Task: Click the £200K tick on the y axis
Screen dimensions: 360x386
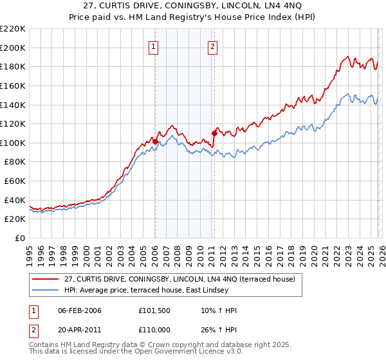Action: click(13, 48)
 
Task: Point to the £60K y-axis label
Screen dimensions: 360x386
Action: click(15, 181)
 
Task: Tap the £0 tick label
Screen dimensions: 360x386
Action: click(19, 239)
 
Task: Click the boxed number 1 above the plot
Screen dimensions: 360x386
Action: click(154, 46)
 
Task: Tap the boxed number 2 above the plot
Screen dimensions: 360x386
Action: click(212, 46)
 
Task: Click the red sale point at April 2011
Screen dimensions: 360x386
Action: click(214, 133)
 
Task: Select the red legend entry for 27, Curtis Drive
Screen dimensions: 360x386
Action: click(179, 279)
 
